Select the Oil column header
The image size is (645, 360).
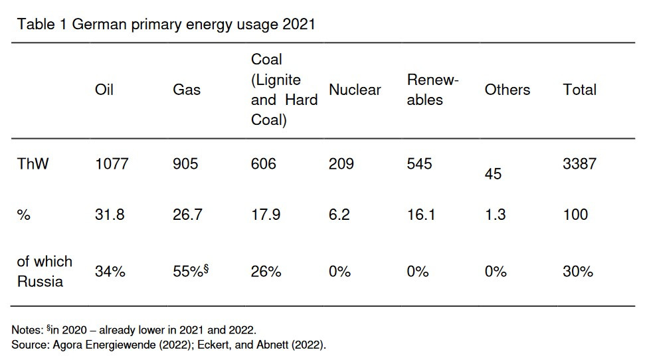pyautogui.click(x=104, y=90)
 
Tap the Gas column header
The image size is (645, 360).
pyautogui.click(x=186, y=90)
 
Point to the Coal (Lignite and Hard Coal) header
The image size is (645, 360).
pyautogui.click(x=284, y=90)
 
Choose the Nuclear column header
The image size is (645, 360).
pyautogui.click(x=355, y=90)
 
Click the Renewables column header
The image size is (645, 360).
pyautogui.click(x=432, y=90)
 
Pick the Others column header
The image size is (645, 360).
pyautogui.click(x=507, y=90)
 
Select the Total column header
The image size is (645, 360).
pyautogui.click(x=579, y=90)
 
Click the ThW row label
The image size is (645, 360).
pyautogui.click(x=33, y=163)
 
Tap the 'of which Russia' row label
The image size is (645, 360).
pyautogui.click(x=44, y=271)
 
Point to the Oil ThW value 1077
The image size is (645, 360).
pyautogui.click(x=112, y=163)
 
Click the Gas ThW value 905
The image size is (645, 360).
pyautogui.click(x=185, y=163)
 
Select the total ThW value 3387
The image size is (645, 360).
pyautogui.click(x=579, y=163)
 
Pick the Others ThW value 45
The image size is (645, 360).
pyautogui.click(x=493, y=174)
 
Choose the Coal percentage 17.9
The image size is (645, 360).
pyautogui.click(x=265, y=215)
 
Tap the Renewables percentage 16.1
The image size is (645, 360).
pyautogui.click(x=421, y=215)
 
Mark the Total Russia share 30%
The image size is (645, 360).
pyautogui.click(x=577, y=272)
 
